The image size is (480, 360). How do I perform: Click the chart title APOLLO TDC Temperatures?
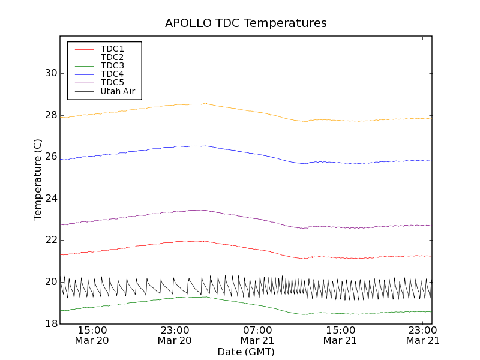[x=246, y=23]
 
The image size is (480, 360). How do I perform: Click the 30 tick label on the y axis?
[x=51, y=73]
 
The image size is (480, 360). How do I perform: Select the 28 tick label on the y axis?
[x=51, y=115]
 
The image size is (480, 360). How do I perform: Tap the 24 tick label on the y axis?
[x=51, y=199]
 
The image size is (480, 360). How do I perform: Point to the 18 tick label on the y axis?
[x=51, y=323]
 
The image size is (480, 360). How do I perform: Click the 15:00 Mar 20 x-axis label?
[x=92, y=335]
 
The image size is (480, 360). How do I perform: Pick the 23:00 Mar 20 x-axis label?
[x=175, y=335]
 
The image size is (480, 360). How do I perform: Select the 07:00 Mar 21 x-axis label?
[x=257, y=335]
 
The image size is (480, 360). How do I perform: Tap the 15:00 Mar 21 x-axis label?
[x=340, y=335]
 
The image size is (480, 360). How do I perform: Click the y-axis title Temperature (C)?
[x=38, y=179]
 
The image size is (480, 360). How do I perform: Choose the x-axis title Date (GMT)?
[x=246, y=352]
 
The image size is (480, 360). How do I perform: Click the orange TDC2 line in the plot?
[x=240, y=109]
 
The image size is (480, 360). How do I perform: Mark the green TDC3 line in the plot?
[x=240, y=302]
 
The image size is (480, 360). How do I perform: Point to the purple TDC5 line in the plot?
[x=240, y=215]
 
